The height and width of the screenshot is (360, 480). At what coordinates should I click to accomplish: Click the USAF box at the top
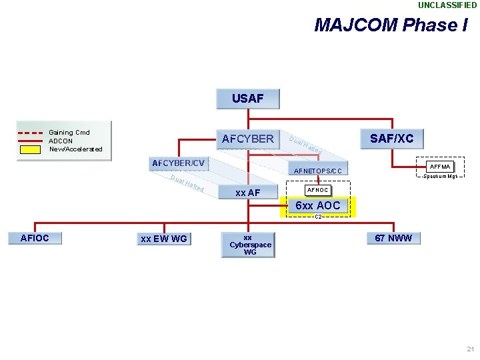(247, 99)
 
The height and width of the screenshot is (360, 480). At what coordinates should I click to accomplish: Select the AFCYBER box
(247, 139)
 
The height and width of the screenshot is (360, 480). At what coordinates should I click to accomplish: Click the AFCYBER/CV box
(178, 163)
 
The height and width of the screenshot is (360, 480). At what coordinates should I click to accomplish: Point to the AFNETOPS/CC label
(317, 171)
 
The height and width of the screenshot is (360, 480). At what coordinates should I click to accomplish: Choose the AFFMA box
(440, 166)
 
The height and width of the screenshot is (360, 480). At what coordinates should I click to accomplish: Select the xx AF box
(247, 193)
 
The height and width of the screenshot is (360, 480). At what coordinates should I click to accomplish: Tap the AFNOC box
(317, 191)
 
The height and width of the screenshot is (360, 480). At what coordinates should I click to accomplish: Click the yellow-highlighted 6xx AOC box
(318, 206)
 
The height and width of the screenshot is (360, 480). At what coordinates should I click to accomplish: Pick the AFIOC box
(35, 238)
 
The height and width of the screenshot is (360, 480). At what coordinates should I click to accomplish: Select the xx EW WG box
(163, 239)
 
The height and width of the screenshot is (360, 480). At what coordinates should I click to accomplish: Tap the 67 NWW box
(393, 238)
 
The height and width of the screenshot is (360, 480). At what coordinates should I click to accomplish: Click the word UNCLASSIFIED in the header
(447, 5)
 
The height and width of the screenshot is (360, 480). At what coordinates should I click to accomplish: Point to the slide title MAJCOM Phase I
(391, 25)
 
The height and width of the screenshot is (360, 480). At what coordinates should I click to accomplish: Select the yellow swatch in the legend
(30, 149)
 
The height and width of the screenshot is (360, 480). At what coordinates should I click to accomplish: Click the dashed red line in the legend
(30, 131)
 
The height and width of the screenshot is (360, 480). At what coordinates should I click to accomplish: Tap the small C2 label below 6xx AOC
(318, 217)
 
